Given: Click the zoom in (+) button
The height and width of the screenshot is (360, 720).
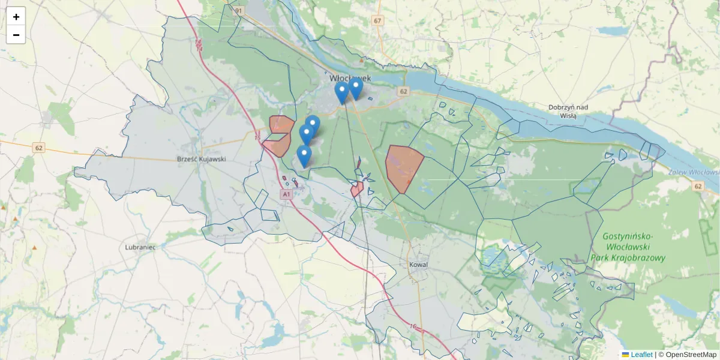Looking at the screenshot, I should click(16, 17).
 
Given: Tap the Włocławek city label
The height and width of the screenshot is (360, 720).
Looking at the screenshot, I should click(350, 79).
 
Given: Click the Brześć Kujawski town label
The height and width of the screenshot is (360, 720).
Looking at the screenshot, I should click(202, 160).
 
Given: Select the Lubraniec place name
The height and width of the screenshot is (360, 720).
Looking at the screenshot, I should click(140, 247).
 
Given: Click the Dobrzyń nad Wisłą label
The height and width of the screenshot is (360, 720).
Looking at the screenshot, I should click(568, 112).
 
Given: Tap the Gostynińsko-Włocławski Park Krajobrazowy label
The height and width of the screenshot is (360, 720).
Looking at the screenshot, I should click(635, 247).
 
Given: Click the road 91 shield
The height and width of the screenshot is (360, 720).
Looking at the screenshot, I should click(239, 11).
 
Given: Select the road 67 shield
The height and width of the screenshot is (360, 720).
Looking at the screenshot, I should click(377, 21).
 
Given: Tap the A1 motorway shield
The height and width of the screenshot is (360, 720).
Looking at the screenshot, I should click(286, 194).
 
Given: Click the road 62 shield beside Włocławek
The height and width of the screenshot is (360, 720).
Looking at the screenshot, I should click(403, 92).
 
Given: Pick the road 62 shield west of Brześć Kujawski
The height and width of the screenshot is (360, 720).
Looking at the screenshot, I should click(39, 148).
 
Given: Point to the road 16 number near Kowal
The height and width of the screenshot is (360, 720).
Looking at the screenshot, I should click(413, 326).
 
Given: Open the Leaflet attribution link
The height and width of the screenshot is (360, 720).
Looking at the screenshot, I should click(641, 355).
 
